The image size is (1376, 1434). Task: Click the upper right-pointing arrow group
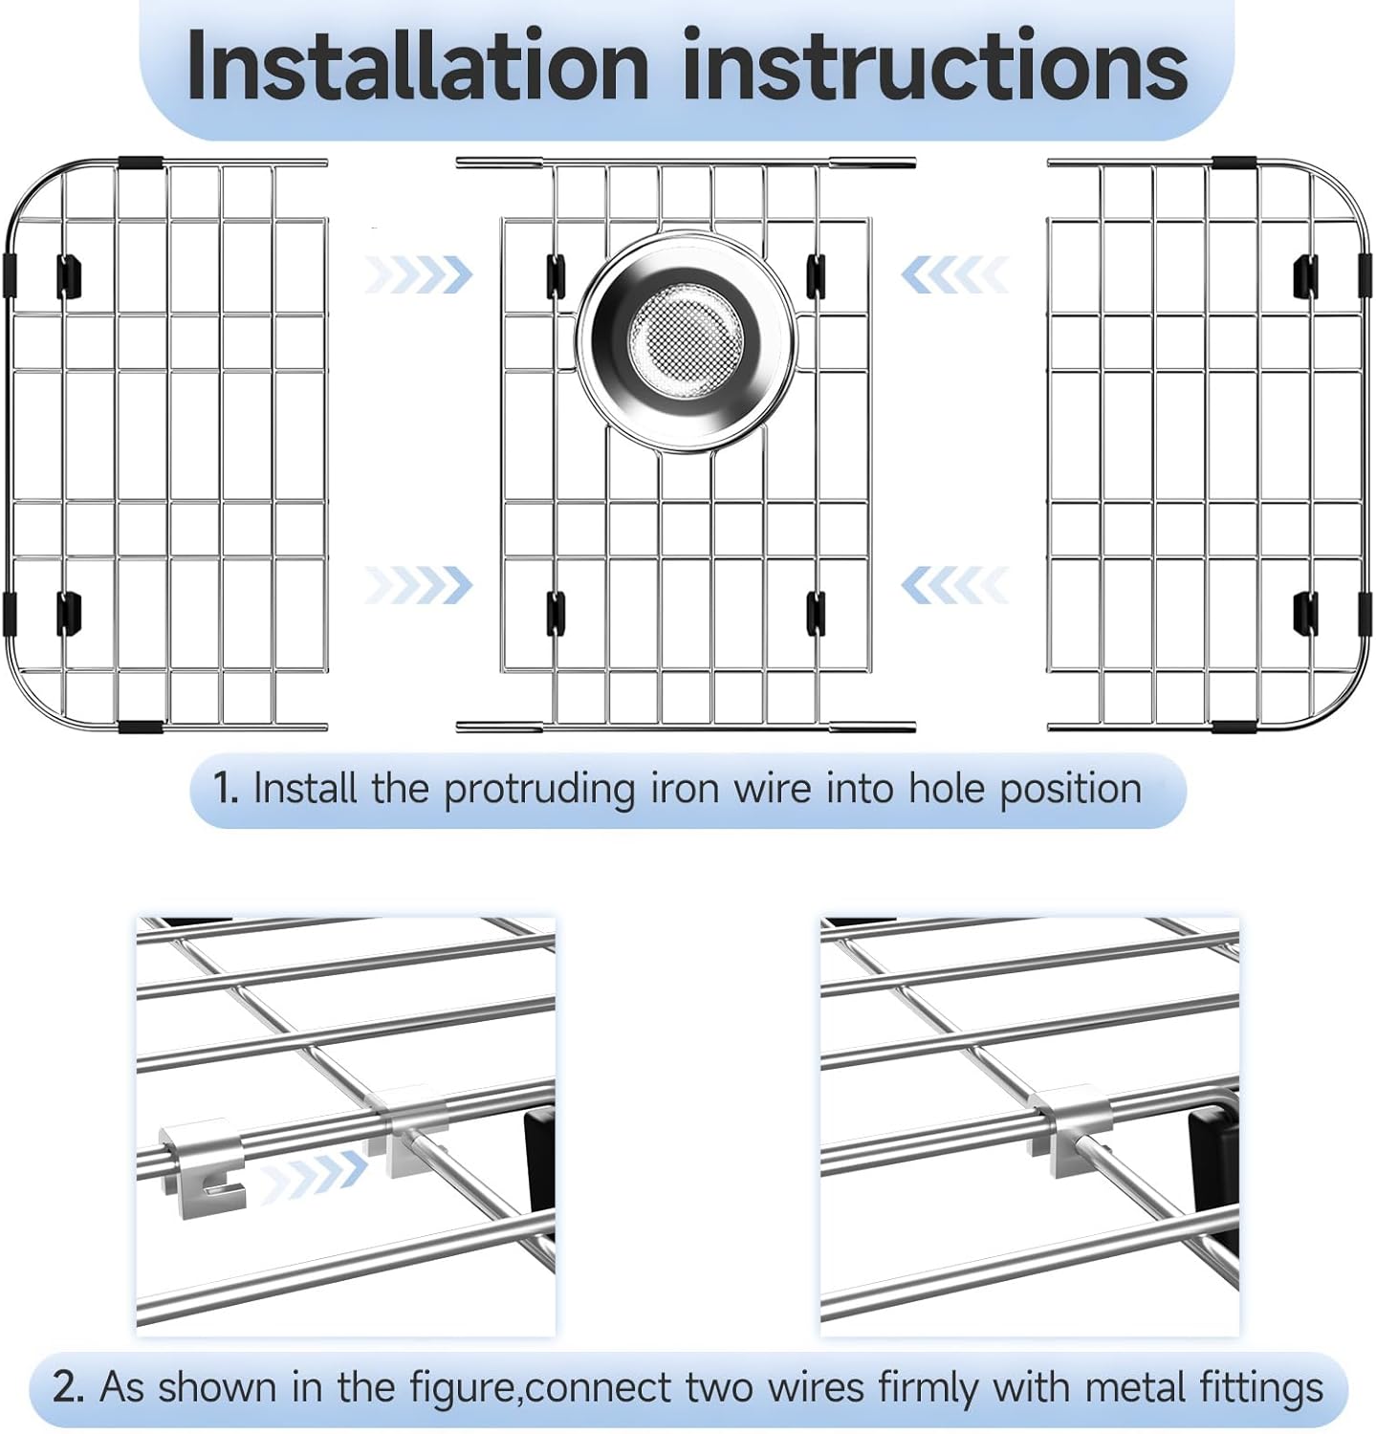pos(419,274)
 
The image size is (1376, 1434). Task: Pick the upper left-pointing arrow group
pos(954,274)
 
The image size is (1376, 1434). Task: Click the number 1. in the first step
pos(226,790)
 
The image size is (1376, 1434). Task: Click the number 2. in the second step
pos(69,1387)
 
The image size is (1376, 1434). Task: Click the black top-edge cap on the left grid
pos(140,163)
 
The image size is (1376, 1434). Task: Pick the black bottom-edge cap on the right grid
pos(1234,726)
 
